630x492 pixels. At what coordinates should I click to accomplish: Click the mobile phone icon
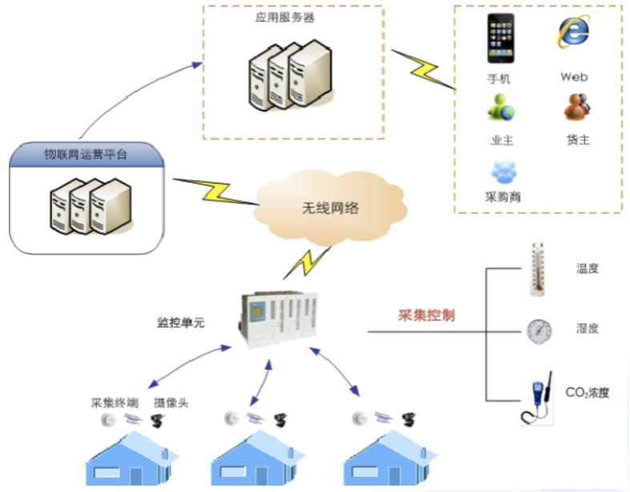[501, 38]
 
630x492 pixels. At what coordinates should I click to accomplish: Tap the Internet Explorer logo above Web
[573, 32]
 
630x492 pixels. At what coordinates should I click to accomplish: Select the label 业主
[502, 140]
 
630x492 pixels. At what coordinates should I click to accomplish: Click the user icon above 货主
[576, 107]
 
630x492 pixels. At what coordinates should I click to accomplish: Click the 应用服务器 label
[279, 17]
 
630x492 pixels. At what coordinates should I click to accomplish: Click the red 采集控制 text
[427, 315]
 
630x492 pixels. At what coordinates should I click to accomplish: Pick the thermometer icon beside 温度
[538, 268]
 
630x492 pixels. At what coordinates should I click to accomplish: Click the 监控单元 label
[181, 323]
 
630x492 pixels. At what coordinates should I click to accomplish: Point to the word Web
[574, 77]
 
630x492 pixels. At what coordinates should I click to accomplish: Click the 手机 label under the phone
[499, 79]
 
